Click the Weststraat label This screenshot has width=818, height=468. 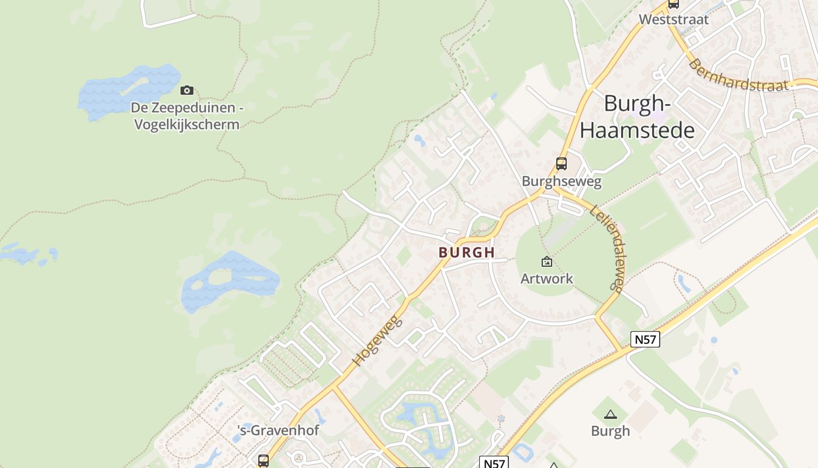click(x=673, y=19)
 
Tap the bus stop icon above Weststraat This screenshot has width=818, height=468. click(x=673, y=4)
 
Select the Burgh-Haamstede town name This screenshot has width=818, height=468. click(x=637, y=117)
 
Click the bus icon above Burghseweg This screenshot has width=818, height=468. click(x=561, y=164)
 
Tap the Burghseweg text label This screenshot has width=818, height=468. click(x=561, y=181)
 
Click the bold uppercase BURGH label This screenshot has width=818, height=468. click(x=466, y=253)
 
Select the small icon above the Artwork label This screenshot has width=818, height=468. click(x=547, y=261)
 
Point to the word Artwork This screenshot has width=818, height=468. click(x=547, y=278)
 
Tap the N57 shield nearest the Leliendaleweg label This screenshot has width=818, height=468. click(x=645, y=339)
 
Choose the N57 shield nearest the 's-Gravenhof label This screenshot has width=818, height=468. click(x=494, y=463)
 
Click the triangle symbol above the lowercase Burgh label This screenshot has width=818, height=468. click(x=611, y=415)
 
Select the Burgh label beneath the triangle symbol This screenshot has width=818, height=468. click(x=611, y=431)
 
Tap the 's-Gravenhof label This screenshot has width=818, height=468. click(x=278, y=431)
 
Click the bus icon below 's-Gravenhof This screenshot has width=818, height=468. click(x=264, y=460)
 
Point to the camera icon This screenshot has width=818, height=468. click(x=187, y=90)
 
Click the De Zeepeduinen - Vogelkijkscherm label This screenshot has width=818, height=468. click(x=186, y=116)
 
